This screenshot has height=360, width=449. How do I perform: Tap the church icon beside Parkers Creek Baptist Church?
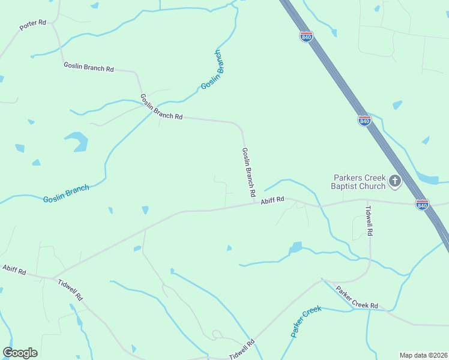[x=395, y=181]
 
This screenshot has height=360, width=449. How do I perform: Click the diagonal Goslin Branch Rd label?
[x=161, y=107]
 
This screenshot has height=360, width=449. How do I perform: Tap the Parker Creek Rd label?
[x=357, y=298]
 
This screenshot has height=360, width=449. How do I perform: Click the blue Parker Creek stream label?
[x=306, y=322]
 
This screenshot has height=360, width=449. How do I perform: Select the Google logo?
[x=20, y=353]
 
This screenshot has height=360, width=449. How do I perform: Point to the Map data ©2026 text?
[x=423, y=355]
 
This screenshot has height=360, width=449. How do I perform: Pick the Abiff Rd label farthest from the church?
[x=14, y=270]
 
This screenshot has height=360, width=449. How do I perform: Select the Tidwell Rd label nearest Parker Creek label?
[x=242, y=349]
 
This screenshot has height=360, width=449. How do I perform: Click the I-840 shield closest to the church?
[x=421, y=205]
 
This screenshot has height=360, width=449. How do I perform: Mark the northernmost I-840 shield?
[x=306, y=36]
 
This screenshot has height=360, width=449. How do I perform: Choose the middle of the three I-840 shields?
[x=364, y=121]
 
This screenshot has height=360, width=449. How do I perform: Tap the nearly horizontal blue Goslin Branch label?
[x=66, y=194]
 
